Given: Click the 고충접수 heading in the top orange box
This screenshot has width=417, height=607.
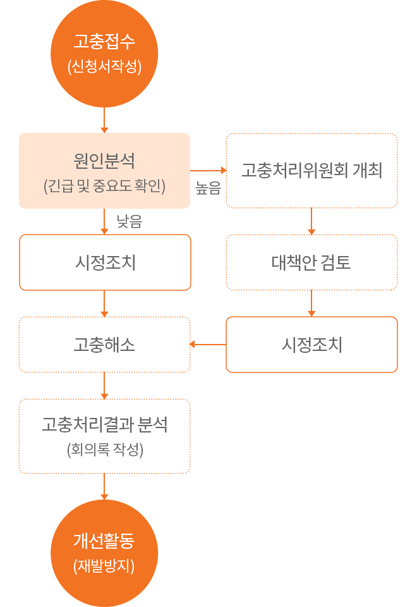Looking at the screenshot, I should [x=104, y=43].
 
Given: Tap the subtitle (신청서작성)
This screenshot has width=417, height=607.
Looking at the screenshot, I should [x=104, y=66].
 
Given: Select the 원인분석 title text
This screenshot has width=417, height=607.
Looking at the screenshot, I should [x=104, y=159].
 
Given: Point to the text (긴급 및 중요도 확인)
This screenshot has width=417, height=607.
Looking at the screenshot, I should [x=104, y=187].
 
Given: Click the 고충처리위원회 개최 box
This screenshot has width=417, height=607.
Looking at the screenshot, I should [x=311, y=171].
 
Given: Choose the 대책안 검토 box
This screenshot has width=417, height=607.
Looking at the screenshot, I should [x=311, y=262].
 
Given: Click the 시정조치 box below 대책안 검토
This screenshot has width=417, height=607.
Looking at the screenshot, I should [x=311, y=345].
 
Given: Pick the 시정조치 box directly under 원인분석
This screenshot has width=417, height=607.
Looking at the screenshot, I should [x=105, y=262].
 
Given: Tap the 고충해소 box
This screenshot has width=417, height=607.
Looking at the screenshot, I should [x=104, y=345].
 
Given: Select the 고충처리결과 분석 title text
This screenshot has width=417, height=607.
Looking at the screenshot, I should [x=104, y=424].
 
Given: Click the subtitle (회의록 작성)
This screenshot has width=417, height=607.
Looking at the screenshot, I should [x=104, y=450].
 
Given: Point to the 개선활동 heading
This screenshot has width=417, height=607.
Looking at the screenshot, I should [x=104, y=541].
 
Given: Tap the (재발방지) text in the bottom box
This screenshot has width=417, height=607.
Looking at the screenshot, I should [x=104, y=566].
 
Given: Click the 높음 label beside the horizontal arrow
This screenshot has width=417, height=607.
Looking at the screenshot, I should [x=208, y=188].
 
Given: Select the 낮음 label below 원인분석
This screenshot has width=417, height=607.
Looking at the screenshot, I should [x=129, y=221].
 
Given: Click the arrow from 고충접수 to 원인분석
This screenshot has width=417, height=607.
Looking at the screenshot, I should [x=104, y=120].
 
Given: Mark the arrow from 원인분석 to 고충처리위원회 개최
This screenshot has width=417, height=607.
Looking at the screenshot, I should [x=208, y=170].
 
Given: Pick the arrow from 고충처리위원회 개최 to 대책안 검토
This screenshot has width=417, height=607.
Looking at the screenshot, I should [x=311, y=221].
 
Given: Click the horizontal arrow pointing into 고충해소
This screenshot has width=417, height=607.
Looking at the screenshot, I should [x=208, y=345].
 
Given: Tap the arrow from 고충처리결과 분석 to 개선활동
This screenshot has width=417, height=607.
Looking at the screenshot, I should [x=104, y=486].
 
